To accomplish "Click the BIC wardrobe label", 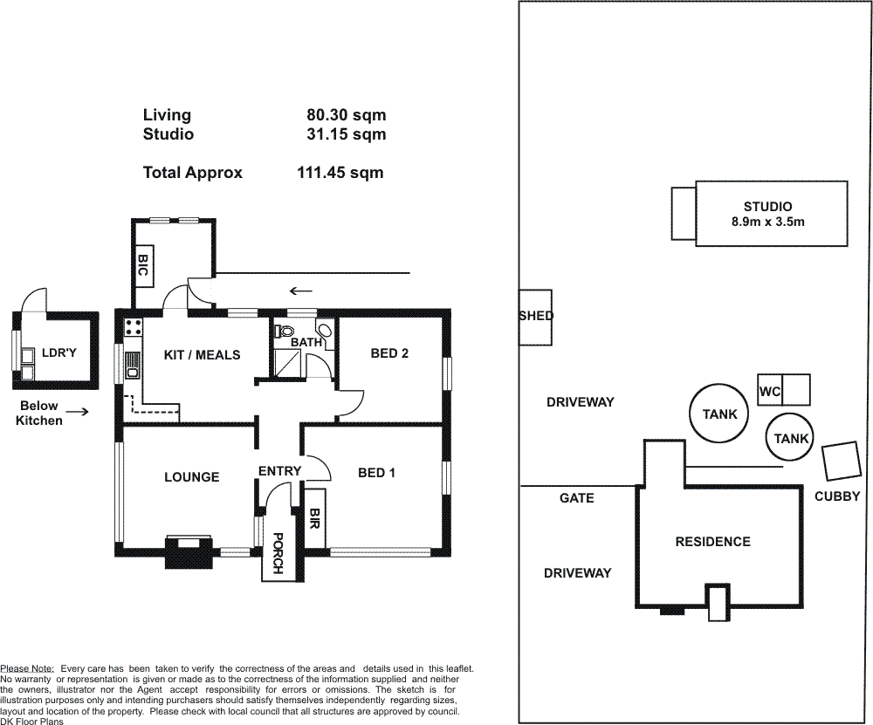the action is pos(142,265).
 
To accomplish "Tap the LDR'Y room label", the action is pos(59,352).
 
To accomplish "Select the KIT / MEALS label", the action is pos(203,355).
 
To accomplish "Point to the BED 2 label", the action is pos(389,353).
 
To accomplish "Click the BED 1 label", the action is pos(377,473).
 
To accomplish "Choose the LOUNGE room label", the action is pos(191,477).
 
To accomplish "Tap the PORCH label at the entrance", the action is pos(278,553).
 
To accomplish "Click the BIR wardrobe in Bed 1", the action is pos(314,517).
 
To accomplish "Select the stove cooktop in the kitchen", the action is pos(133,326).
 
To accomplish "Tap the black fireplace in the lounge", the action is pos(189,552).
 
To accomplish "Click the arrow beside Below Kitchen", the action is pos(78,413).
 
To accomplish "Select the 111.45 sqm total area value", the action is pos(340,173).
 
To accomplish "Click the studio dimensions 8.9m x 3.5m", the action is pos(767,222).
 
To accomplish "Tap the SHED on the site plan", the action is pos(536,318).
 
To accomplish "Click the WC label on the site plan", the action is pos(770,392).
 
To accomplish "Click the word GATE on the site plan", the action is pos(577,498).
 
